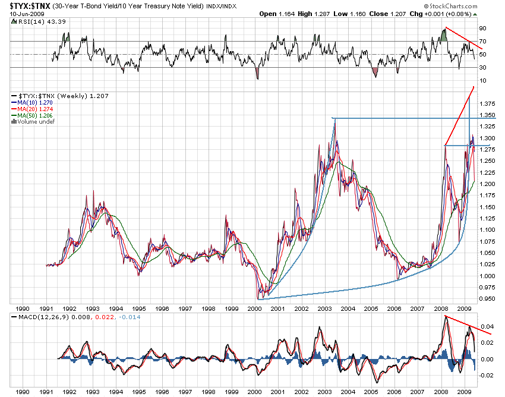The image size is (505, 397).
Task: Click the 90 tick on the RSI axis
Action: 483,28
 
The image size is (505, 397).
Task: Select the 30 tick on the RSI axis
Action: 483,67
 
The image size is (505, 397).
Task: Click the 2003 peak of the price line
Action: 334,119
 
